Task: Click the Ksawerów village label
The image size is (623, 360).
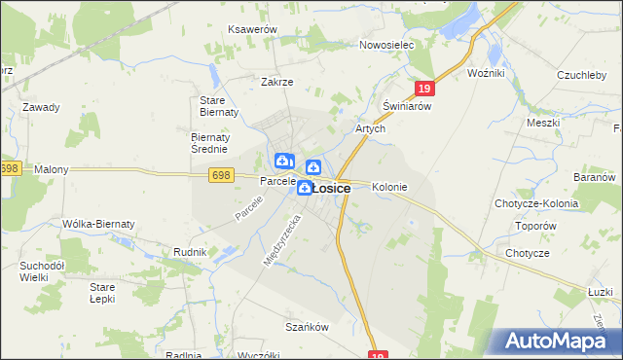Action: (253, 30)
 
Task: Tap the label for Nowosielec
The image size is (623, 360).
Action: (386, 45)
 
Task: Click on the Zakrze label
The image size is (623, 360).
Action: (276, 82)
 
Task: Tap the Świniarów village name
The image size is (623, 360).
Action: (407, 106)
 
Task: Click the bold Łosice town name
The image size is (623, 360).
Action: (331, 189)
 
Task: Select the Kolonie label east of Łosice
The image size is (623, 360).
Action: (389, 187)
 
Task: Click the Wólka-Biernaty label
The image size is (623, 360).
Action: (98, 224)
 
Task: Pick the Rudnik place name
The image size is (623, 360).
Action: (190, 252)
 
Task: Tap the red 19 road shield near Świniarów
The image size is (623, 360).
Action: (422, 89)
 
